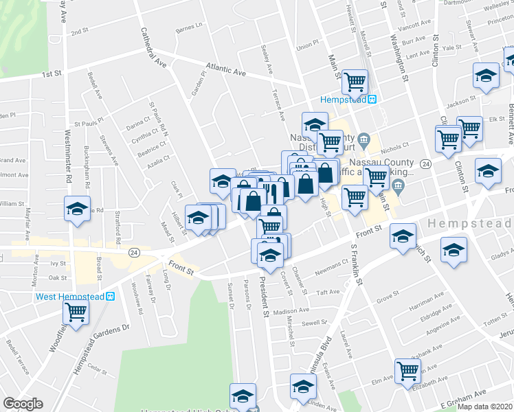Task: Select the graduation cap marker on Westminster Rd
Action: [x=77, y=208]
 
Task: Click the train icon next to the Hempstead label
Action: [x=372, y=99]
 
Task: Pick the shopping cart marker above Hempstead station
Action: [x=355, y=82]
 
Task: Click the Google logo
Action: [x=23, y=404]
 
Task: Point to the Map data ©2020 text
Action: [x=485, y=407]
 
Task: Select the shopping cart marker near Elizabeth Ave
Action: [x=408, y=370]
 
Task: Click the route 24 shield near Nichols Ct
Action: [x=426, y=164]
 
